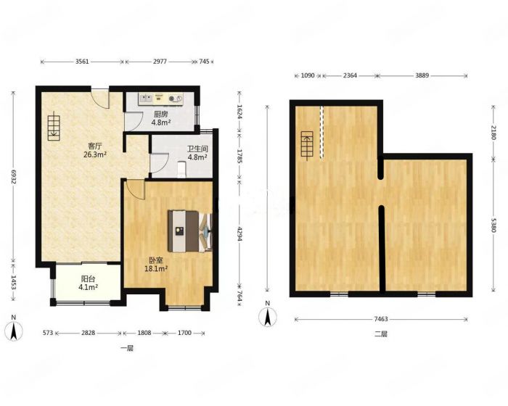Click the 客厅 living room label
pos(95,146)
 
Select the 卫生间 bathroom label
pos(197,149)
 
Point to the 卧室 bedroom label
pos(156,260)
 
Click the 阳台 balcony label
pos(88,278)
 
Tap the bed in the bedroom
pos(190,231)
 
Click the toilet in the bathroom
pos(181,170)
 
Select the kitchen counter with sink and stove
pos(160,99)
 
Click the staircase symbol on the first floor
pos(54,128)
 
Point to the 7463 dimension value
pos(381,319)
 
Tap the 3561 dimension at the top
pos(82,62)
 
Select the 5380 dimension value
pos(493,224)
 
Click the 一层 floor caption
pos(127,349)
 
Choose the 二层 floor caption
pos(381,334)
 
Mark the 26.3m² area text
pos(95,154)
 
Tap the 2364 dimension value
pos(351,75)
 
